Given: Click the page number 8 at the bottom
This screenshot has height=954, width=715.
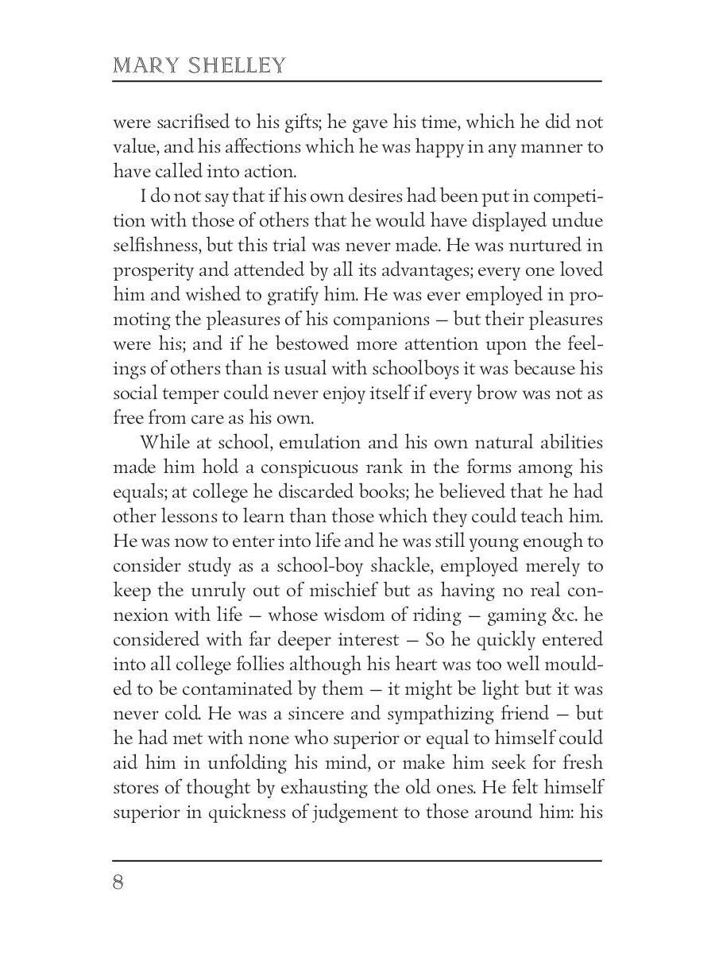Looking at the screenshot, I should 118,883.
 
